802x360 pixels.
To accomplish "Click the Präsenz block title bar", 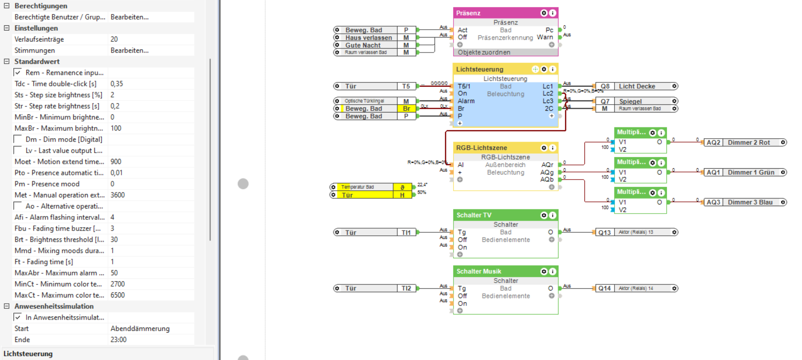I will [x=495, y=13].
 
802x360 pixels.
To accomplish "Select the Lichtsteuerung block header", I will [x=492, y=69].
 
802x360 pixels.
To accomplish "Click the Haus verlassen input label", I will [x=368, y=38].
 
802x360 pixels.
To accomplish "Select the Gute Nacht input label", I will [x=363, y=45].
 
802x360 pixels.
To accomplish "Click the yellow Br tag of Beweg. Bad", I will [x=406, y=109].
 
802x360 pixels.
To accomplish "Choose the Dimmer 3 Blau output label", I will [x=750, y=202].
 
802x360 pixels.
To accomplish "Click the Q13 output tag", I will [x=604, y=233].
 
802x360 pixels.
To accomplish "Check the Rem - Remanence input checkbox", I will [x=18, y=73].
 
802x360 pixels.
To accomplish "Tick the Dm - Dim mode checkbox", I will [x=18, y=140].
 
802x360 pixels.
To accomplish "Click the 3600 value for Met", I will [x=118, y=195].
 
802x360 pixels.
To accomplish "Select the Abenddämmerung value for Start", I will [x=140, y=329].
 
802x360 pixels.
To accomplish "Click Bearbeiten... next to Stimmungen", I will [x=129, y=51].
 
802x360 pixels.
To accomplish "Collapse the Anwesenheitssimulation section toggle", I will [x=7, y=306].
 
